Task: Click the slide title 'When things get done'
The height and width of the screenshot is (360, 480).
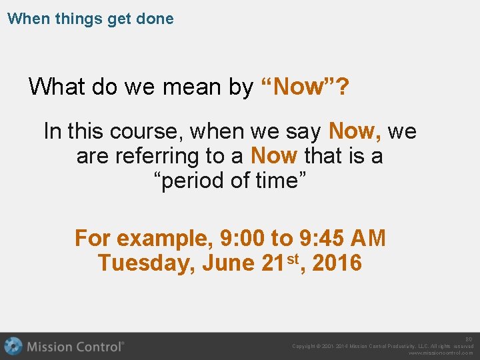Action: [90, 19]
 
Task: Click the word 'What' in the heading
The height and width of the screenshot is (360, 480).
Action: [56, 87]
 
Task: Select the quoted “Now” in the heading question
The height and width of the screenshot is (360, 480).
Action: [298, 87]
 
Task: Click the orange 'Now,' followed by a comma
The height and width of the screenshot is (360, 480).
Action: [355, 131]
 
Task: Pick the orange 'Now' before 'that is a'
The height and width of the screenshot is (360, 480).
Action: [273, 157]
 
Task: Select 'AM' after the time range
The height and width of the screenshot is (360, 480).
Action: [368, 238]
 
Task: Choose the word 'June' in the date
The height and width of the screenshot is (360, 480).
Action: [227, 263]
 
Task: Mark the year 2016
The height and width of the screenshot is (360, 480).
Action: [337, 263]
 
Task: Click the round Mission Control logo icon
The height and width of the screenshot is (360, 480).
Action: [13, 347]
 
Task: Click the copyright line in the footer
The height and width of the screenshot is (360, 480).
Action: [383, 346]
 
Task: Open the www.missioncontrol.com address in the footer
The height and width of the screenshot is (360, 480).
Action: [441, 353]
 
